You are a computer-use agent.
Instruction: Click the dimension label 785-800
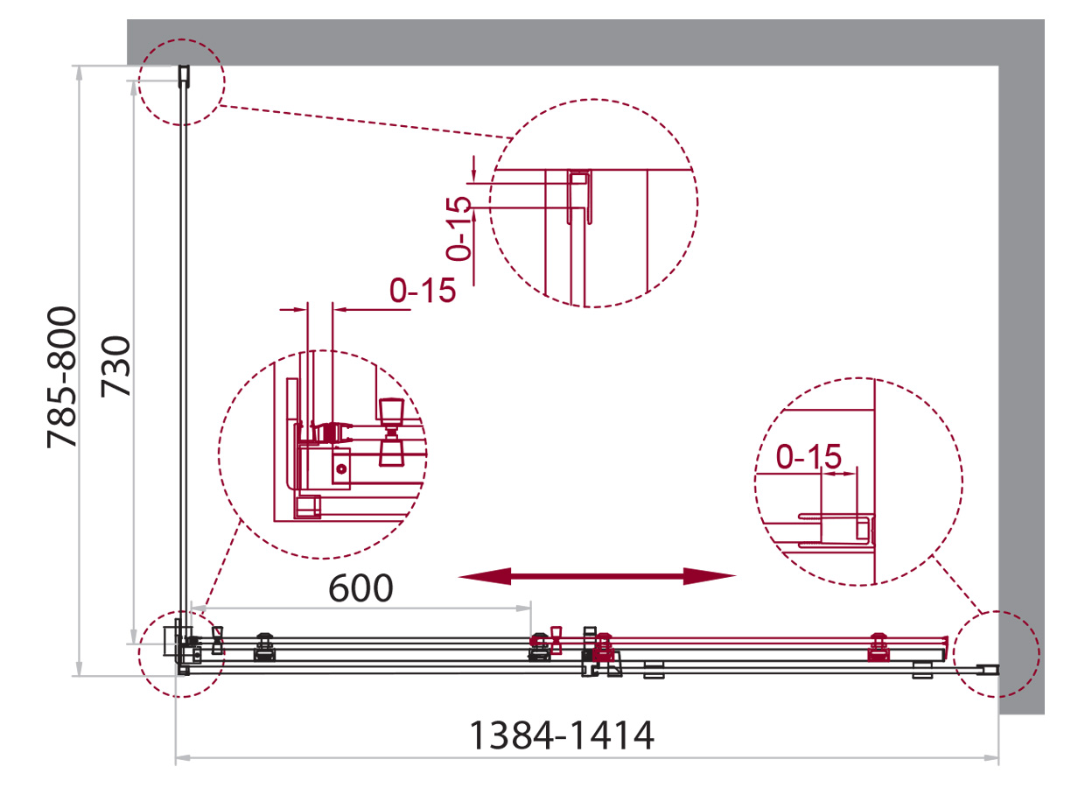tap(62, 377)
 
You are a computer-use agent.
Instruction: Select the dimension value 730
tap(115, 367)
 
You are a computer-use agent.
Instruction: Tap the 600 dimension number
tap(361, 588)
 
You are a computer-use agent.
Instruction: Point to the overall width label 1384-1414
tap(562, 735)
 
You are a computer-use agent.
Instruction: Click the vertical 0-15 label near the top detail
tap(458, 229)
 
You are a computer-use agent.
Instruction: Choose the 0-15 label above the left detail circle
tap(423, 290)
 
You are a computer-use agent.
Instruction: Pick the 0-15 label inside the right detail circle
tap(808, 456)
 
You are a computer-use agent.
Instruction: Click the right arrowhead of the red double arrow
tap(710, 576)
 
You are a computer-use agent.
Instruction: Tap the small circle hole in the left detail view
tap(341, 469)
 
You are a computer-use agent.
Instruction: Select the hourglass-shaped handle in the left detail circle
tap(392, 432)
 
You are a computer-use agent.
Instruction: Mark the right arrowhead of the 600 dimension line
tap(524, 609)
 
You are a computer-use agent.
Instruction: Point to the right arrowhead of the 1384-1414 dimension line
tap(991, 758)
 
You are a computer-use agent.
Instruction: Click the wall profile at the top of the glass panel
tap(184, 76)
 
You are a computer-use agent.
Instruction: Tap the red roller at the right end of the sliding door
tap(878, 647)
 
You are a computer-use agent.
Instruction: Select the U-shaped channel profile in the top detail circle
tap(579, 196)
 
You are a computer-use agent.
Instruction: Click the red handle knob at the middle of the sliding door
tap(556, 641)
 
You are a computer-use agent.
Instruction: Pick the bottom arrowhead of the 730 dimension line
tap(134, 637)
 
